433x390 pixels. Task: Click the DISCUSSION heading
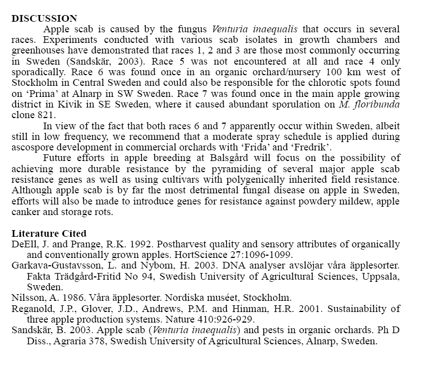[44, 18]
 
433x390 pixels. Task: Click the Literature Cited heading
[48, 233]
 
